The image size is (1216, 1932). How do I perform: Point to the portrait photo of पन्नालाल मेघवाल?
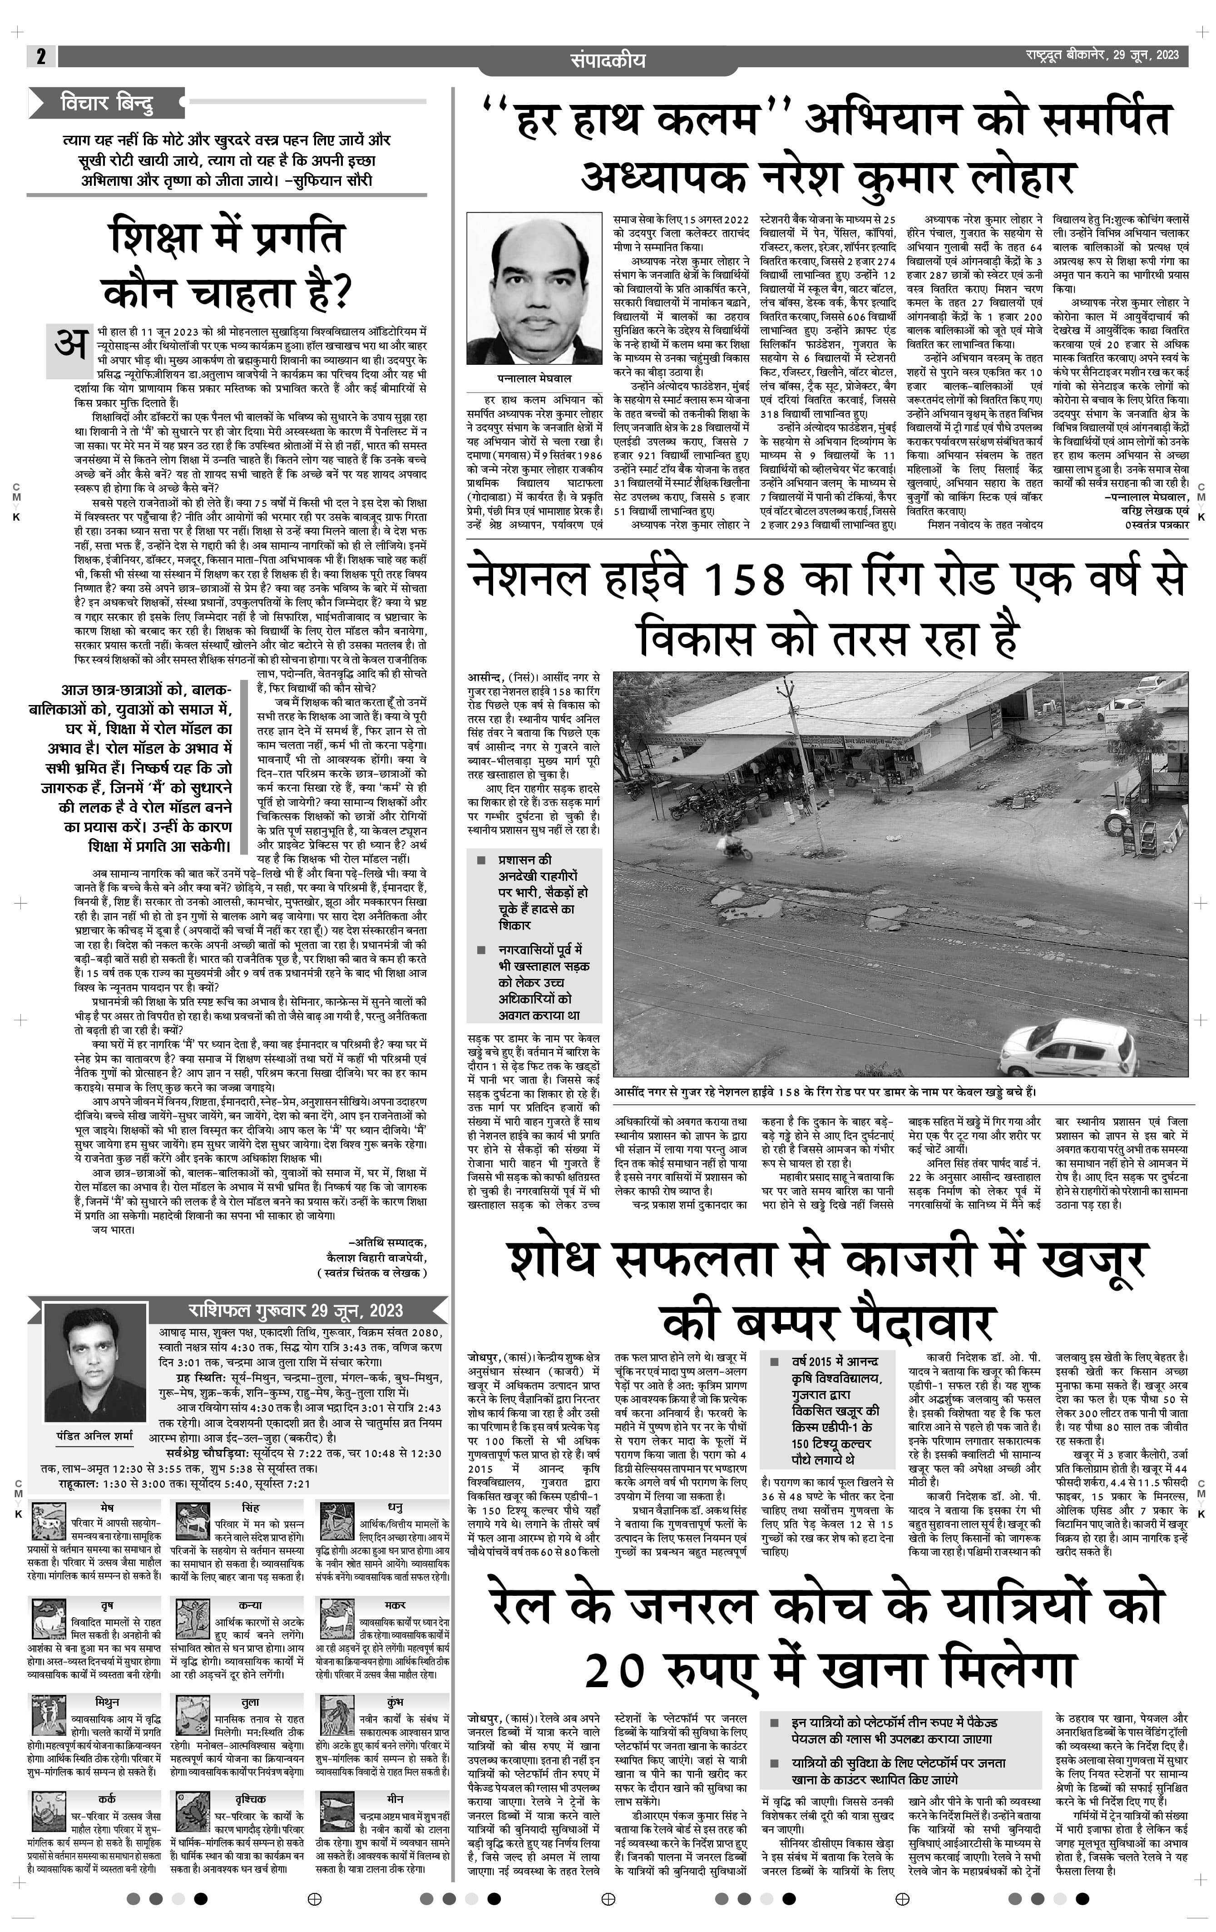pos(534,289)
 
